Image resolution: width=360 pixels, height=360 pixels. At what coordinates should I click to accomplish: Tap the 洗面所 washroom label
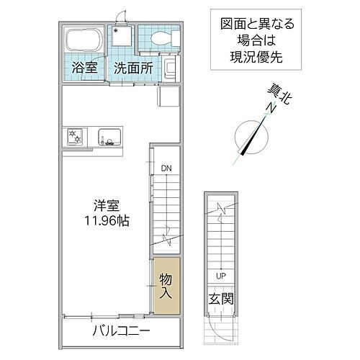tap(133, 69)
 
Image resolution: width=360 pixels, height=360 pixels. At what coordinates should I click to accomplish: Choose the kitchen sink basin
tap(108, 136)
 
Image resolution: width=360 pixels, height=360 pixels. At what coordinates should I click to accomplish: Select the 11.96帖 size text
tap(104, 221)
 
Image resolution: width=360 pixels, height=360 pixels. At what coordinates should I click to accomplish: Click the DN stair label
tap(166, 168)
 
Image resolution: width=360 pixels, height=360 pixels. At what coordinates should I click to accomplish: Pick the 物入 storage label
tap(166, 286)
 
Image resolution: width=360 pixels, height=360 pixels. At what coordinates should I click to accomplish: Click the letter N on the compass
tap(270, 108)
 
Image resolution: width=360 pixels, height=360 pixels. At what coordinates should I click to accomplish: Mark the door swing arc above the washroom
tap(123, 18)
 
